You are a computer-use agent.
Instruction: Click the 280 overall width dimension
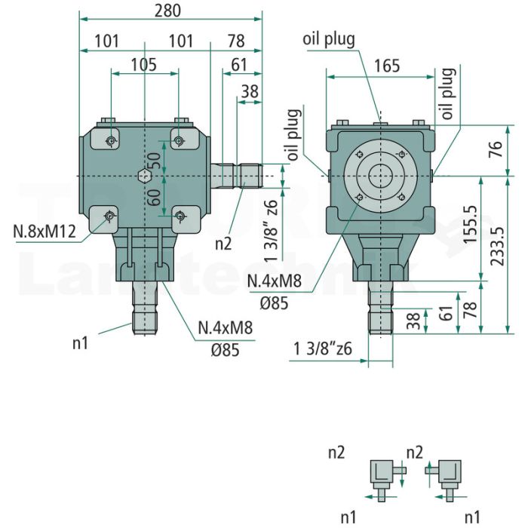(x=167, y=11)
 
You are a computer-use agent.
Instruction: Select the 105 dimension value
(x=144, y=65)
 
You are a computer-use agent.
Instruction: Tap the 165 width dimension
(x=387, y=66)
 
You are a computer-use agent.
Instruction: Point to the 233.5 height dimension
(x=497, y=246)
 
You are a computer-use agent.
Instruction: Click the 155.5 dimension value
(x=471, y=224)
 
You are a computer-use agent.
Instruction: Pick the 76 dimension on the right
(x=497, y=149)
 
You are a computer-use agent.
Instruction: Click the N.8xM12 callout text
(x=45, y=232)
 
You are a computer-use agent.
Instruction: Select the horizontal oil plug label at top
(x=329, y=39)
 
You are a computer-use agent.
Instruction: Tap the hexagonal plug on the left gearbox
(x=145, y=176)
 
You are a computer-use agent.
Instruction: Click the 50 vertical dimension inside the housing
(x=154, y=161)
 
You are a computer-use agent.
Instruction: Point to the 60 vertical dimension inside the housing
(x=154, y=198)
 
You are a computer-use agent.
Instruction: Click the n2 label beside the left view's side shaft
(x=223, y=244)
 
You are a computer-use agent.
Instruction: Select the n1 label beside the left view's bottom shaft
(x=80, y=343)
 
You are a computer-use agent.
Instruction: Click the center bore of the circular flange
(x=380, y=176)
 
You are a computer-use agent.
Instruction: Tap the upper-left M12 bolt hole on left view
(x=110, y=141)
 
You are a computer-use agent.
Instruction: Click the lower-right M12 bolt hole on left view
(x=180, y=216)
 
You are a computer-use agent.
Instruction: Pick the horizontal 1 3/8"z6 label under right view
(x=323, y=348)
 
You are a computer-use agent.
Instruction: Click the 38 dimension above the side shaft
(x=250, y=91)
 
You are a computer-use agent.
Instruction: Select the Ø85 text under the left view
(x=226, y=350)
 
